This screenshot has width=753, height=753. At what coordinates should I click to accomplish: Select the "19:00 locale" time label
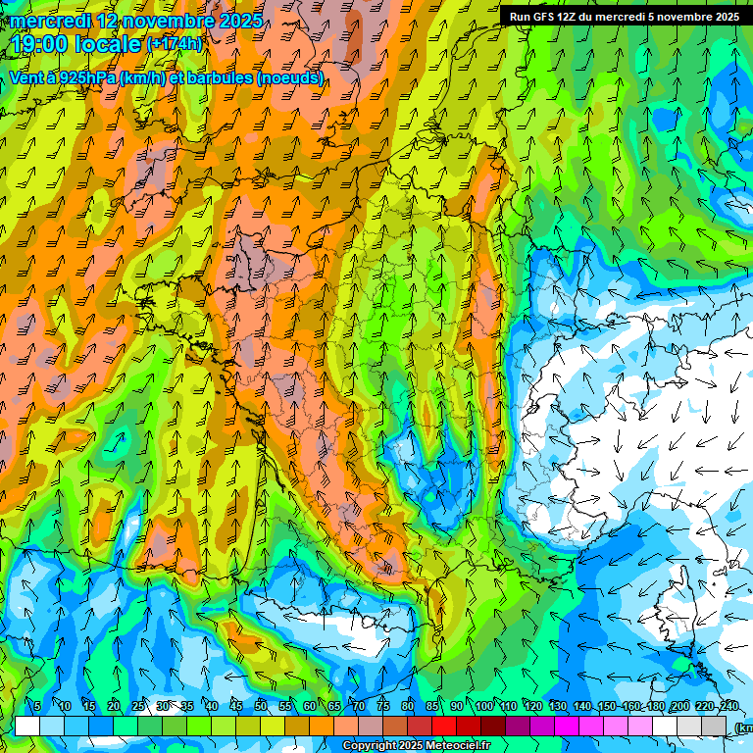click(x=76, y=44)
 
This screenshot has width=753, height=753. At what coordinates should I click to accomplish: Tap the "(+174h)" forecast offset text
click(x=175, y=44)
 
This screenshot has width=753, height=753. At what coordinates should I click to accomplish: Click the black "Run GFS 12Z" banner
click(x=625, y=17)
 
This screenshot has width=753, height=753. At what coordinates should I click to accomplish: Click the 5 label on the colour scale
click(x=37, y=707)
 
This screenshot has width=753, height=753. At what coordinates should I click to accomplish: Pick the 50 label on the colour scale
click(x=261, y=707)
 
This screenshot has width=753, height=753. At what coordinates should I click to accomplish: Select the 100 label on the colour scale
click(x=483, y=707)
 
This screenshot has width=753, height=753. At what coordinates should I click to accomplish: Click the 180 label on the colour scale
click(x=655, y=707)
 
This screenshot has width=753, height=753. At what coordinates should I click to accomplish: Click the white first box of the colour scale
click(x=27, y=726)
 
